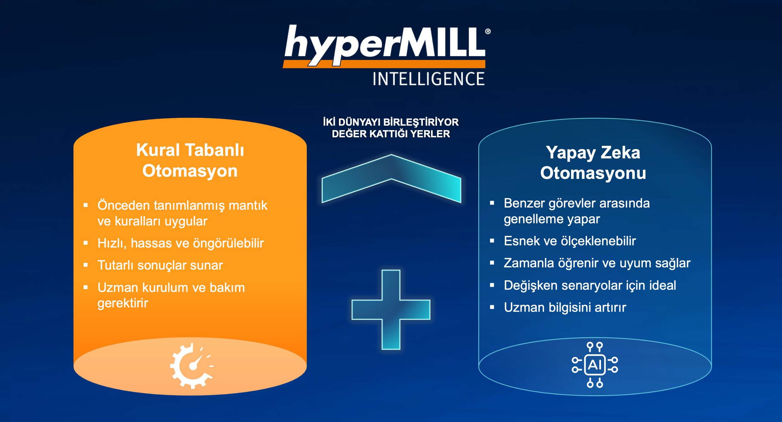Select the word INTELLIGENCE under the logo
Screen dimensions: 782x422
click(429, 79)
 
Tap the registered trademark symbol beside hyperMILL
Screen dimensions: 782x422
click(488, 31)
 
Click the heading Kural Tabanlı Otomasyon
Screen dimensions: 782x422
click(190, 160)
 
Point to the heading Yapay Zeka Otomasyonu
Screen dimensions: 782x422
click(593, 163)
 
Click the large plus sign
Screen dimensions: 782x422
click(391, 310)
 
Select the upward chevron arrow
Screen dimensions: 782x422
click(391, 178)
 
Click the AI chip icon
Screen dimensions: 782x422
click(595, 365)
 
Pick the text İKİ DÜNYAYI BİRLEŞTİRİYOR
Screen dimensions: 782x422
click(391, 122)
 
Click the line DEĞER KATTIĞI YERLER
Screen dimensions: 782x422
click(391, 134)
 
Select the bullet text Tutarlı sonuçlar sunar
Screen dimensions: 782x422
click(160, 265)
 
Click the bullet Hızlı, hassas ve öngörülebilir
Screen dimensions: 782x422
click(181, 243)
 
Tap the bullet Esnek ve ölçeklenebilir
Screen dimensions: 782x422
click(570, 241)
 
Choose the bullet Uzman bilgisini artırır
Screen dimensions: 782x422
click(565, 307)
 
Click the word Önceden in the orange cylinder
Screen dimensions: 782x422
click(124, 205)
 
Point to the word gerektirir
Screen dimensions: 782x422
click(123, 303)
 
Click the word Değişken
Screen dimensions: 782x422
click(530, 286)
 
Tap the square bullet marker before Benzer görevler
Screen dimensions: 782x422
click(492, 203)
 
